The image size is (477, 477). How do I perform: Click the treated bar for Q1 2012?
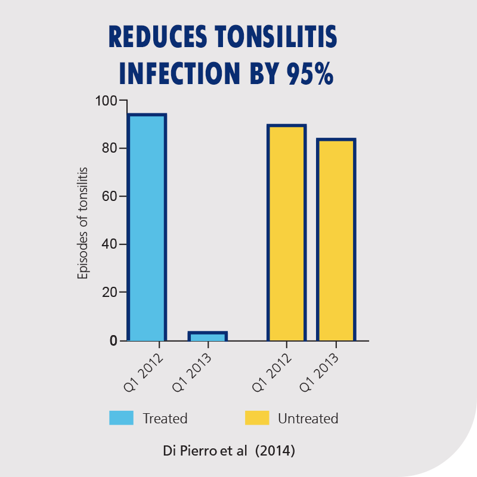click(147, 227)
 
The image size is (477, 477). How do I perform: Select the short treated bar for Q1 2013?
click(207, 337)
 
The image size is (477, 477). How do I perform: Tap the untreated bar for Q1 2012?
click(286, 233)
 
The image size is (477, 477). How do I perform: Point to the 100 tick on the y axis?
click(107, 100)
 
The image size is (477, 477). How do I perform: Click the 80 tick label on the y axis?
click(110, 148)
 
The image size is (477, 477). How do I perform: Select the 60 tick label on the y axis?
click(110, 196)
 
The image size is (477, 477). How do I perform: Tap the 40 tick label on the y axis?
click(110, 244)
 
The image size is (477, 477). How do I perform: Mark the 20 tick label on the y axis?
click(110, 293)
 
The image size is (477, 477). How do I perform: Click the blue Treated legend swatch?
click(121, 418)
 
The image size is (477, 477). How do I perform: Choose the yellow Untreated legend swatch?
click(257, 418)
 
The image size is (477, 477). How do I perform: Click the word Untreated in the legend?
click(308, 419)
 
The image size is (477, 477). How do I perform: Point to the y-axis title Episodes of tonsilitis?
click(83, 222)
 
